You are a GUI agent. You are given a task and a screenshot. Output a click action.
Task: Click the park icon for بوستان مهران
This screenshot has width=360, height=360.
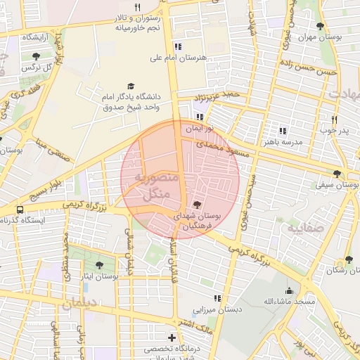click(321, 27)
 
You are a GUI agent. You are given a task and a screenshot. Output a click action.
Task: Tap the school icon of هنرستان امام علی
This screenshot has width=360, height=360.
click(178, 47)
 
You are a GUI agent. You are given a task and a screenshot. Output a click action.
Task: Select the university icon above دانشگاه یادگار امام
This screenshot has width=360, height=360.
click(130, 85)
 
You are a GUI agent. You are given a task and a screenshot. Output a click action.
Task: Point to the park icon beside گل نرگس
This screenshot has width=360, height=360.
click(37, 56)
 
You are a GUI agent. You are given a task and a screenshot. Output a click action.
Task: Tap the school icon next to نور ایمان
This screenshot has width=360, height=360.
click(200, 117)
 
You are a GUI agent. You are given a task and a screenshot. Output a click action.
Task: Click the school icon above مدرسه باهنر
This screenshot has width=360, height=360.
click(283, 131)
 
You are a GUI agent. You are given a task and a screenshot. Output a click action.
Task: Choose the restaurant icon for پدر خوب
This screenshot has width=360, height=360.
click(334, 120)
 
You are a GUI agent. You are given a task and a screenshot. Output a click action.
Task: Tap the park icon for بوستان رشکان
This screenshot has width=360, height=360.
click(349, 259)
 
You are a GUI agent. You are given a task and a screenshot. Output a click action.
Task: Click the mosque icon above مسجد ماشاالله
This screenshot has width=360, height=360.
click(288, 290)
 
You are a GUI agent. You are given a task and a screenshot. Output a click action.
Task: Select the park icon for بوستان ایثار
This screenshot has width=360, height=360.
click(98, 265)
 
